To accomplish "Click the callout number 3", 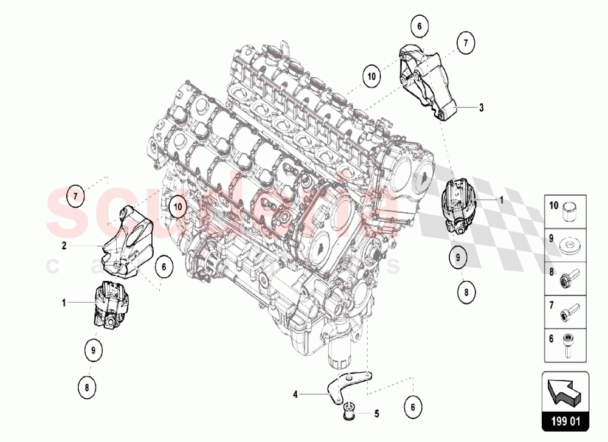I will coord(481,108).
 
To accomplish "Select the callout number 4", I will coord(295,394).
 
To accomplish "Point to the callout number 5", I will coord(376,414).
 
